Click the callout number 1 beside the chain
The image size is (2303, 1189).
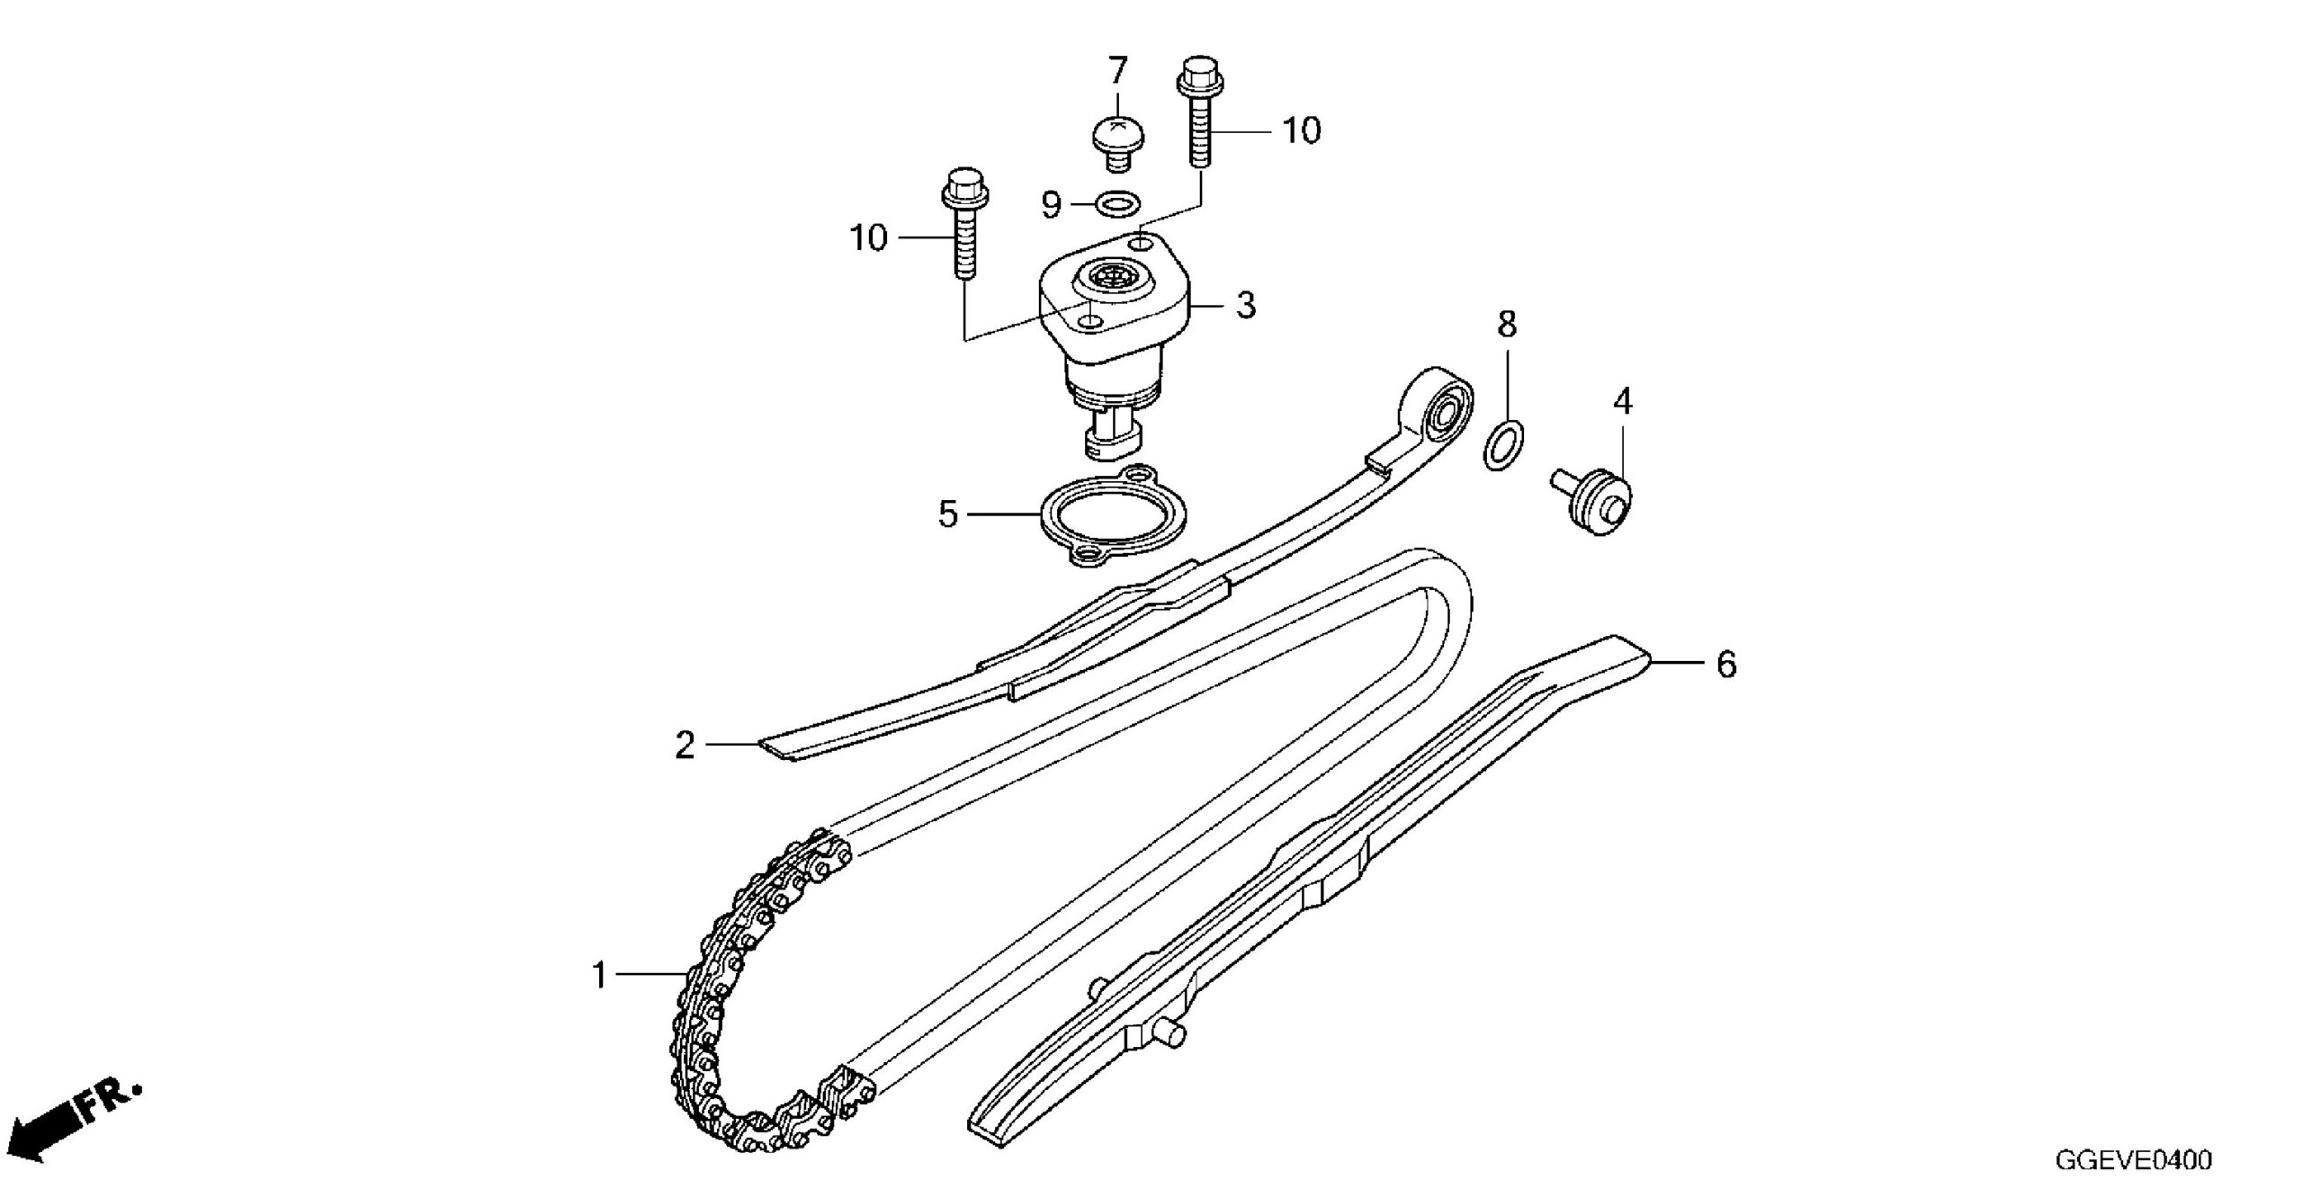pos(600,976)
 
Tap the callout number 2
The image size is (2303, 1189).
pos(686,746)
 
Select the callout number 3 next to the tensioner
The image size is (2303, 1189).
pos(1245,306)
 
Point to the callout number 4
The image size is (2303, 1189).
pos(1622,401)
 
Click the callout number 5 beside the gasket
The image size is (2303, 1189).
pos(948,514)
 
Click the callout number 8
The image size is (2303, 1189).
pos(1507,324)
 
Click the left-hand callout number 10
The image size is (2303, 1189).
pos(869,238)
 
